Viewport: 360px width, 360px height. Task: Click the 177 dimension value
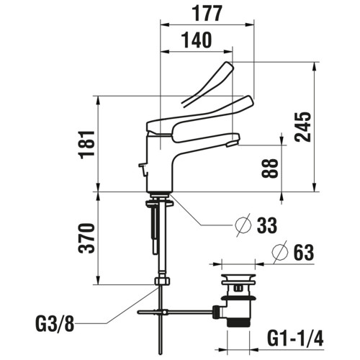[x=207, y=14]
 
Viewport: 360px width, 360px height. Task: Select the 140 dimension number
[x=197, y=40]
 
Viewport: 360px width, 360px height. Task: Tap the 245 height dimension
[x=303, y=127]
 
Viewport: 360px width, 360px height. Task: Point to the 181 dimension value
[x=86, y=145]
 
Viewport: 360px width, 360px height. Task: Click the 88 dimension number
[x=270, y=168]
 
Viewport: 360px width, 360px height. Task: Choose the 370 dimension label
[x=86, y=238]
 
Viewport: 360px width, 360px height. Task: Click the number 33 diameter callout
[x=267, y=225]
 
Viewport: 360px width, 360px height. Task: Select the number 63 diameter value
[x=304, y=252]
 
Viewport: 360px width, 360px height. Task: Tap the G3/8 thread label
[x=55, y=323]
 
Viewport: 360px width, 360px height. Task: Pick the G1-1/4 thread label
[x=295, y=338]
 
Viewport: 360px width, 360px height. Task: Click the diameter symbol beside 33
[x=243, y=225]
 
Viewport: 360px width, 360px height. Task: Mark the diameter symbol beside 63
[x=280, y=252]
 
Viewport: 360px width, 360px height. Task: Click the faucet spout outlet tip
[x=233, y=144]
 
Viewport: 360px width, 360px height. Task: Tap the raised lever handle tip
[x=229, y=66]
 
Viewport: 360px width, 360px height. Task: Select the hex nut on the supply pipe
[x=162, y=281]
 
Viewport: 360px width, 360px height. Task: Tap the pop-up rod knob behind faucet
[x=143, y=165]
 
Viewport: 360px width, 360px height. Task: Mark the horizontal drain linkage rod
[x=175, y=312]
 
